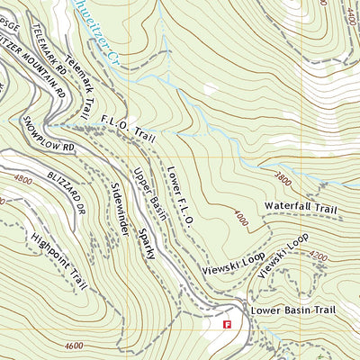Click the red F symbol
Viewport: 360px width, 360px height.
(228, 322)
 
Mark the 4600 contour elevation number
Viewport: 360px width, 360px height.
(78, 345)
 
